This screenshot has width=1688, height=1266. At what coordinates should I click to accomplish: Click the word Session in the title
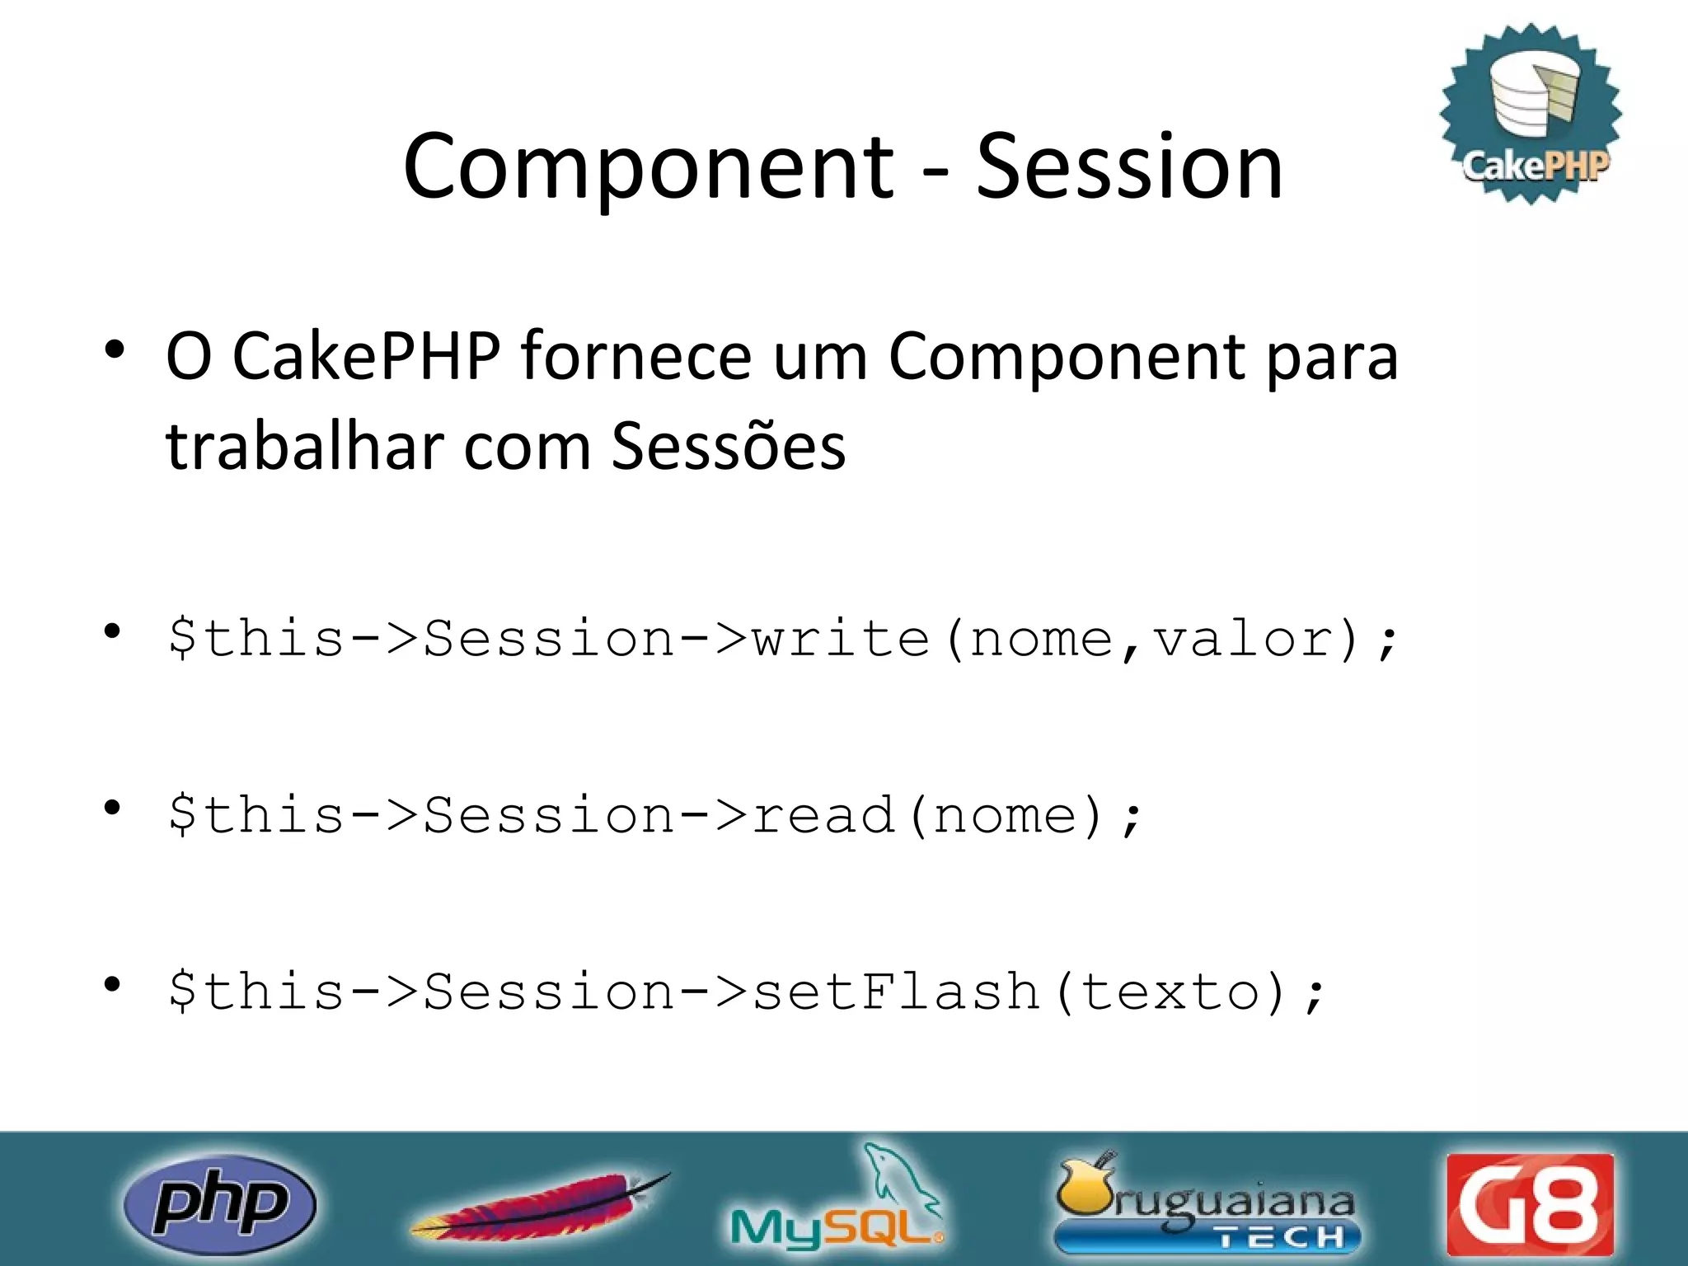[1129, 167]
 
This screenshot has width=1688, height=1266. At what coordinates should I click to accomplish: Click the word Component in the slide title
[648, 169]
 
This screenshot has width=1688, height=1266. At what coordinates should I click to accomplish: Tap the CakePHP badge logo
[1531, 114]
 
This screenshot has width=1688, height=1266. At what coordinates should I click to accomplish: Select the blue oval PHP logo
[219, 1204]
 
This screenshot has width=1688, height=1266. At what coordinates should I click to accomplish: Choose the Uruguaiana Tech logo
[1207, 1203]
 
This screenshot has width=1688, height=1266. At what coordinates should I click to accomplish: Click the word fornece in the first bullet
[635, 356]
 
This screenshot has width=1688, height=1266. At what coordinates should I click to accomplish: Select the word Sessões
[729, 446]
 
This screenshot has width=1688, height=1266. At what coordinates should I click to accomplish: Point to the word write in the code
[842, 640]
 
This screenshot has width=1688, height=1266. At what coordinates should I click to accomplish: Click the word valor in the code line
[1244, 640]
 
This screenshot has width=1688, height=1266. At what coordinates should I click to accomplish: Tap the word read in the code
[823, 815]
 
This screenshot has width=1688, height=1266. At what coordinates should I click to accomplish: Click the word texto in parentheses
[1170, 991]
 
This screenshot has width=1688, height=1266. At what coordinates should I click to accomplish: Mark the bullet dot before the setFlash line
[113, 984]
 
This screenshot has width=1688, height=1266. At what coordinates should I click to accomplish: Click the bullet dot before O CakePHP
[114, 349]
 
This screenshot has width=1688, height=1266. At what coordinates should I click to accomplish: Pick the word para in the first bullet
[1332, 358]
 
